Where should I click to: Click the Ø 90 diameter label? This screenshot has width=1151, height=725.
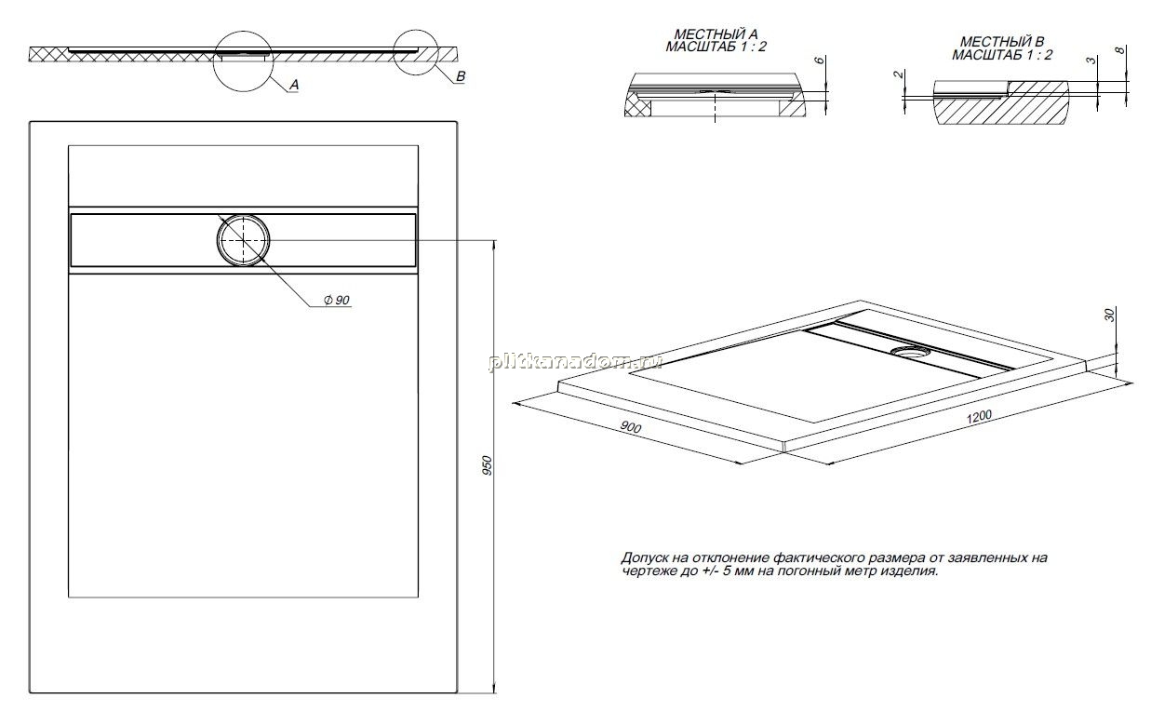pos(337,300)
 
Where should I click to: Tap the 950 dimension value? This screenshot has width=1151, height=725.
pos(488,465)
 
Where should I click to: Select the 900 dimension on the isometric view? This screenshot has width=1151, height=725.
pos(631,427)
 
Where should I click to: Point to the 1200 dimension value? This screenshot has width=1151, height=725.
pos(979,417)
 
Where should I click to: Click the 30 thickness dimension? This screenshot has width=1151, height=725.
pos(1109,315)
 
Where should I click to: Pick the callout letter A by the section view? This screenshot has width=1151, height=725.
pos(294,85)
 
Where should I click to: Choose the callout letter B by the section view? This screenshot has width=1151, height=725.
pos(461,76)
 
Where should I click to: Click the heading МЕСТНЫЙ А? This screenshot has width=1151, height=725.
pos(716,34)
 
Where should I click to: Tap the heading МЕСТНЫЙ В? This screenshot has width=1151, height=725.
pos(1002,42)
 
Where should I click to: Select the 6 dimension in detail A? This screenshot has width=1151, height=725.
pos(820,60)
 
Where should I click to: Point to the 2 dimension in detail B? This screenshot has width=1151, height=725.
pos(898,74)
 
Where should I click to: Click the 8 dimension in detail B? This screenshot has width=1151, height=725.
pos(1121,50)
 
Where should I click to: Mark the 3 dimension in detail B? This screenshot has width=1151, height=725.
pos(1091,60)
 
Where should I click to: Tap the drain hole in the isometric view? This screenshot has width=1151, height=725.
pos(910,352)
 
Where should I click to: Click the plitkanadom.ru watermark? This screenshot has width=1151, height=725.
pos(575,362)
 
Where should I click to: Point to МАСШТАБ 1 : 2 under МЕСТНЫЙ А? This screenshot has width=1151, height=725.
pos(716,47)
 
